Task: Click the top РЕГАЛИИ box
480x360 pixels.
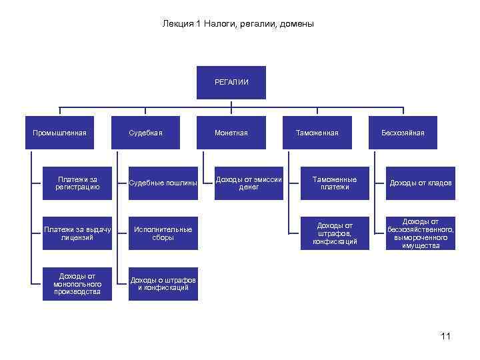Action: coord(231,82)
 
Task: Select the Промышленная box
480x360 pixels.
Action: coord(60,133)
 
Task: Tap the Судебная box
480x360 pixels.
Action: coord(145,133)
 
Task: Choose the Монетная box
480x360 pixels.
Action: coord(231,133)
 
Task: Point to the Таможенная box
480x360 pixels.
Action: coord(317,133)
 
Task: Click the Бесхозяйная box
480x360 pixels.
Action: coord(403,133)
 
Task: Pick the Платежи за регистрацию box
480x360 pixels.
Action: coord(77,183)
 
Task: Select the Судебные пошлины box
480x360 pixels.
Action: coord(163,183)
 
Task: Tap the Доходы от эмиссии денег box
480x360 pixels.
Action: coord(249,183)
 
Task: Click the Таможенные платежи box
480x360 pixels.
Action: coord(335,183)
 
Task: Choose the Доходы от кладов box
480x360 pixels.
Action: coord(421,183)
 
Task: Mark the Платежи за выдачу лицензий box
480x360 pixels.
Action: coord(77,233)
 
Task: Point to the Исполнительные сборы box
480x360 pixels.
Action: coord(163,233)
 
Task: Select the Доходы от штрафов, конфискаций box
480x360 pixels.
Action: coord(335,233)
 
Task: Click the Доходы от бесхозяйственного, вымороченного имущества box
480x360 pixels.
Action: coord(421,233)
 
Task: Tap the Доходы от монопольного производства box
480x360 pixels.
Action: coord(77,283)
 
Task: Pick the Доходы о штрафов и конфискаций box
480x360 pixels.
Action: coord(163,283)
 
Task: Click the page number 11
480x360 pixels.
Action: coord(445,336)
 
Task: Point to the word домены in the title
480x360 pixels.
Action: coord(297,24)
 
